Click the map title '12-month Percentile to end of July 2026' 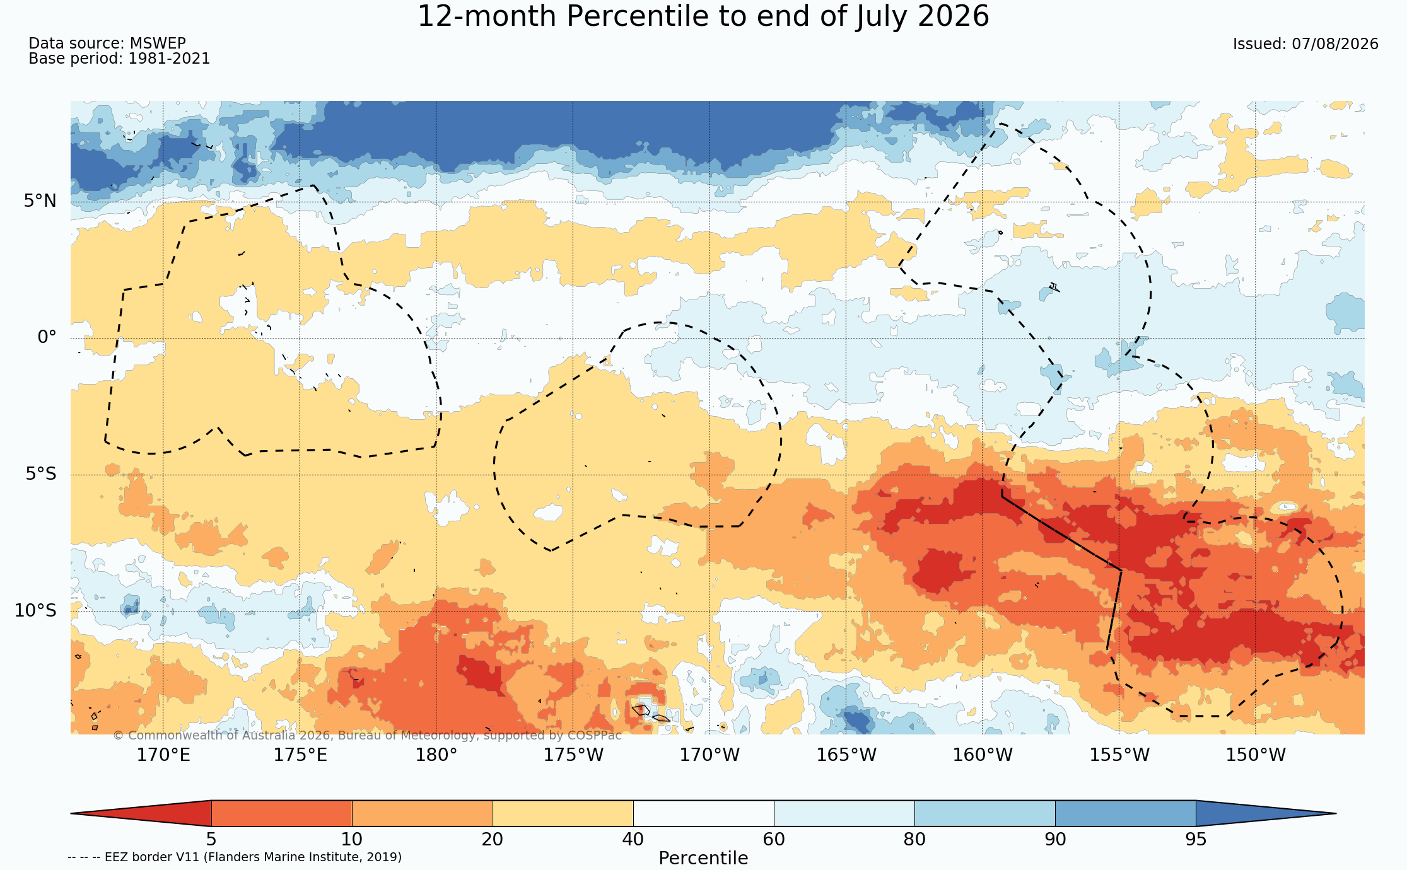tap(703, 16)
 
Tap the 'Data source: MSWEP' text tap(107, 43)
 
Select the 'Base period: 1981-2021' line tap(119, 59)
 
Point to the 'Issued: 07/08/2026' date tap(1305, 44)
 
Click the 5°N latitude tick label tap(40, 201)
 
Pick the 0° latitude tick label tap(47, 337)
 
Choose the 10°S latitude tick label tap(35, 610)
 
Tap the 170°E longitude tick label tap(163, 755)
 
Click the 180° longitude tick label tap(436, 755)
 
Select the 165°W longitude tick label tap(846, 755)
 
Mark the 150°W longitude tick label tap(1255, 755)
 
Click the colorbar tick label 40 tap(633, 840)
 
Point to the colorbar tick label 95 tap(1196, 840)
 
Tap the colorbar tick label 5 tap(211, 840)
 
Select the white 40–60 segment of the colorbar tap(703, 813)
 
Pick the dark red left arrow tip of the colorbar tap(72, 813)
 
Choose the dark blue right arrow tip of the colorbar tap(1334, 813)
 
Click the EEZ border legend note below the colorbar tap(235, 857)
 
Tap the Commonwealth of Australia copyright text tap(367, 736)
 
